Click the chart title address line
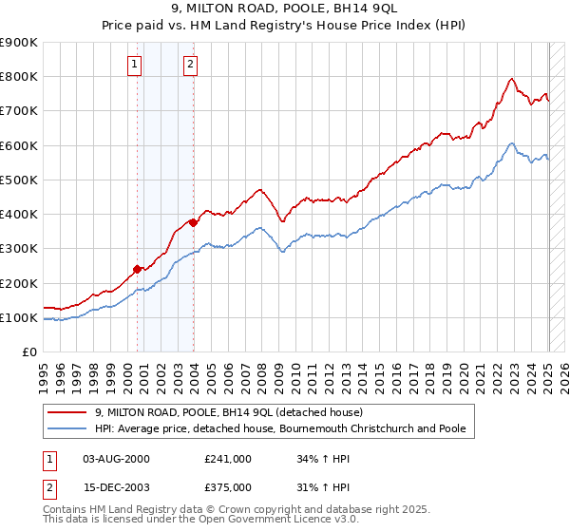tap(285, 9)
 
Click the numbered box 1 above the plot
tap(135, 65)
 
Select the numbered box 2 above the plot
tap(191, 65)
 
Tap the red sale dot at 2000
tap(137, 269)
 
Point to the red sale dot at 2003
tap(193, 222)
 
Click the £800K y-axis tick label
tap(19, 77)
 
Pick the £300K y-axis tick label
tap(19, 249)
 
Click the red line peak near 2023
tap(512, 78)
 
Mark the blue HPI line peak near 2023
tap(511, 143)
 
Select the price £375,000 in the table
tap(227, 486)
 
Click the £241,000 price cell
tap(227, 459)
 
